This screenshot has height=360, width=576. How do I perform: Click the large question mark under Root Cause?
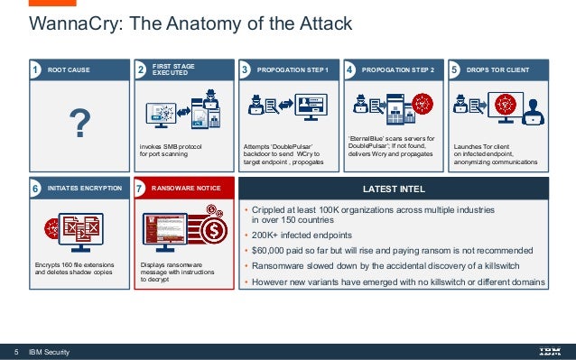coord(80,124)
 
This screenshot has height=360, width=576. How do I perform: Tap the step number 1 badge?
coord(35,69)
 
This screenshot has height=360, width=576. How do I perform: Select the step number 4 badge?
coord(349,69)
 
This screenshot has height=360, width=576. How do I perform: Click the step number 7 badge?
coord(139,190)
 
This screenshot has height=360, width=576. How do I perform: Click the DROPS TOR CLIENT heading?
coord(498,69)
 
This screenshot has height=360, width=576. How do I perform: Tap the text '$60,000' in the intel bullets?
coord(271,250)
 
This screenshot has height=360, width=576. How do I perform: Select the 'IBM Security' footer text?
coord(50,351)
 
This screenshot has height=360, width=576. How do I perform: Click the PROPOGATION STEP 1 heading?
coord(292,69)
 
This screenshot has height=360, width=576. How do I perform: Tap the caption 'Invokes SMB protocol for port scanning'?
coord(171,150)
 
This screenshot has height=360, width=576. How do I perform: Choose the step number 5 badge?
coord(454,69)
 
